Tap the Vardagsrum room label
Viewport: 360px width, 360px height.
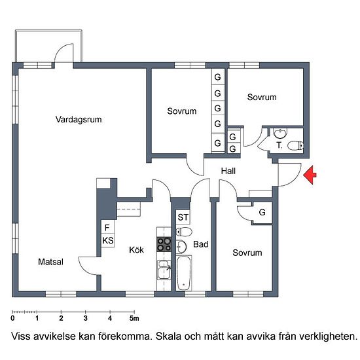(79, 120)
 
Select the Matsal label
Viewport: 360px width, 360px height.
(50, 262)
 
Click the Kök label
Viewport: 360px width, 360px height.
(136, 249)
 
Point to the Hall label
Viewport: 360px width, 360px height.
(228, 171)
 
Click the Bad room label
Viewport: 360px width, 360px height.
(201, 245)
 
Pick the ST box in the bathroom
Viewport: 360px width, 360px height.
(183, 217)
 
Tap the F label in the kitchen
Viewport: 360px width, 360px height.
(107, 228)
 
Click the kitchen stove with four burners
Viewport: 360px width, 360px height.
(164, 245)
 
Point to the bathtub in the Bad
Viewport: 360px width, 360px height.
(184, 274)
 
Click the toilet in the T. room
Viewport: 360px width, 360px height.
(295, 145)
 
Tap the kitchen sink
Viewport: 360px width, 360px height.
(164, 269)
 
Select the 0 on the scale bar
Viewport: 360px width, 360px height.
(12, 319)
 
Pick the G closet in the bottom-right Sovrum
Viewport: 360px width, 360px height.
(262, 213)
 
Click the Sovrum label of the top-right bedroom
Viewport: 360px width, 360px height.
(262, 98)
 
